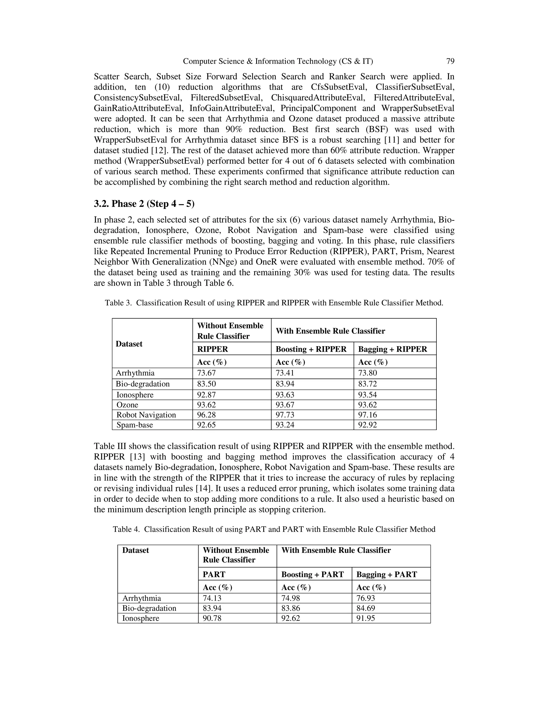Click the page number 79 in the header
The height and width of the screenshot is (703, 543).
(x=450, y=61)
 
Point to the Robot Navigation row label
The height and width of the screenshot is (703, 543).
(x=146, y=415)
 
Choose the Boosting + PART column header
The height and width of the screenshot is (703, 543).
(x=312, y=574)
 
